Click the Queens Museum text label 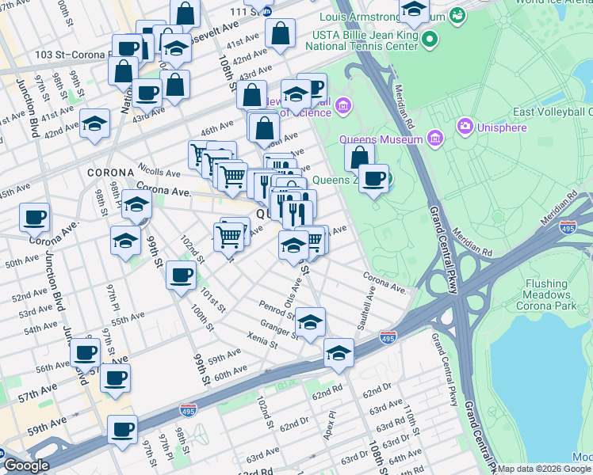(381, 139)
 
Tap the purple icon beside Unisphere (465, 126)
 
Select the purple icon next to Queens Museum (434, 139)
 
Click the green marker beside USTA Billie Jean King (429, 39)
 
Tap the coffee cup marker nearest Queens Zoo (373, 178)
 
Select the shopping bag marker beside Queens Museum (360, 158)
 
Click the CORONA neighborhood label (109, 172)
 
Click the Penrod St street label (276, 306)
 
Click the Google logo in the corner (26, 466)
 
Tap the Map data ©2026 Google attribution (544, 469)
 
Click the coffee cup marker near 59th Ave (122, 430)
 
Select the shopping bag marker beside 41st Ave (280, 33)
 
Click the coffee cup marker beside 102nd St (181, 275)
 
